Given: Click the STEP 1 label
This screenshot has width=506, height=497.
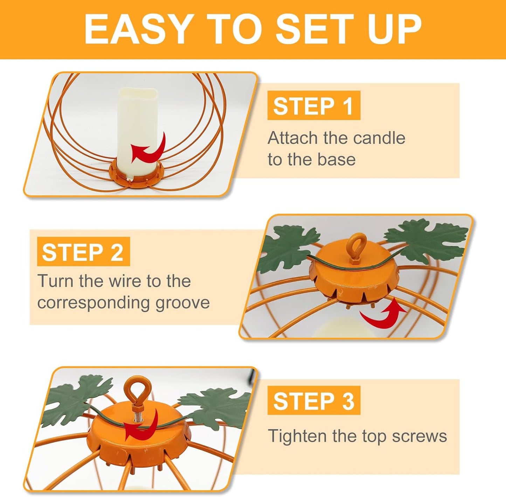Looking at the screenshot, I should point(313,106).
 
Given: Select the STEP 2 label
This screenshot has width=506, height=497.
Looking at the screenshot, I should point(83,252).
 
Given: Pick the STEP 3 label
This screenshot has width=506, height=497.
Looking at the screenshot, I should point(314,401).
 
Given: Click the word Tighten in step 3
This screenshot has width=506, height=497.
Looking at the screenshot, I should point(298,436).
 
